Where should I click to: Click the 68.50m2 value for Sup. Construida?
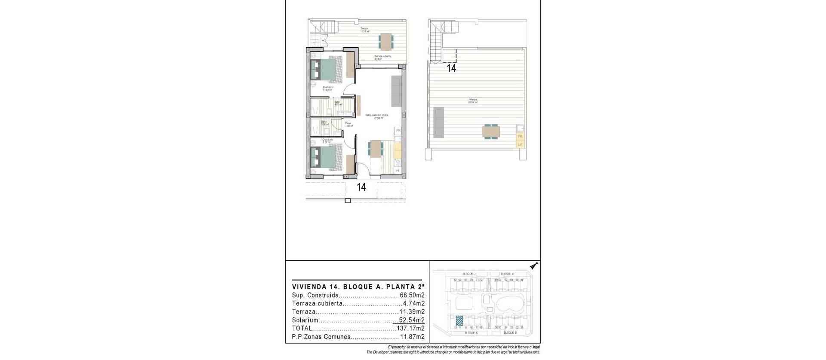(x=411, y=295)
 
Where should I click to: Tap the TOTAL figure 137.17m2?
(x=410, y=328)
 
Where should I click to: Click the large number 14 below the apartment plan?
(x=361, y=187)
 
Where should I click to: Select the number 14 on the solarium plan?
(x=451, y=68)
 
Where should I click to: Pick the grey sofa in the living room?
(x=396, y=92)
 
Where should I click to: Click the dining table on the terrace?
(x=386, y=41)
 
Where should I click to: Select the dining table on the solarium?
(x=491, y=132)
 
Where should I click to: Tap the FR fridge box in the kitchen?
(x=398, y=130)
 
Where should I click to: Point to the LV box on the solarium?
(x=520, y=145)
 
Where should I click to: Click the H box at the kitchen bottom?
(x=398, y=171)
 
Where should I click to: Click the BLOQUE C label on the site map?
(x=507, y=274)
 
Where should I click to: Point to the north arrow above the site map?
(x=534, y=266)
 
